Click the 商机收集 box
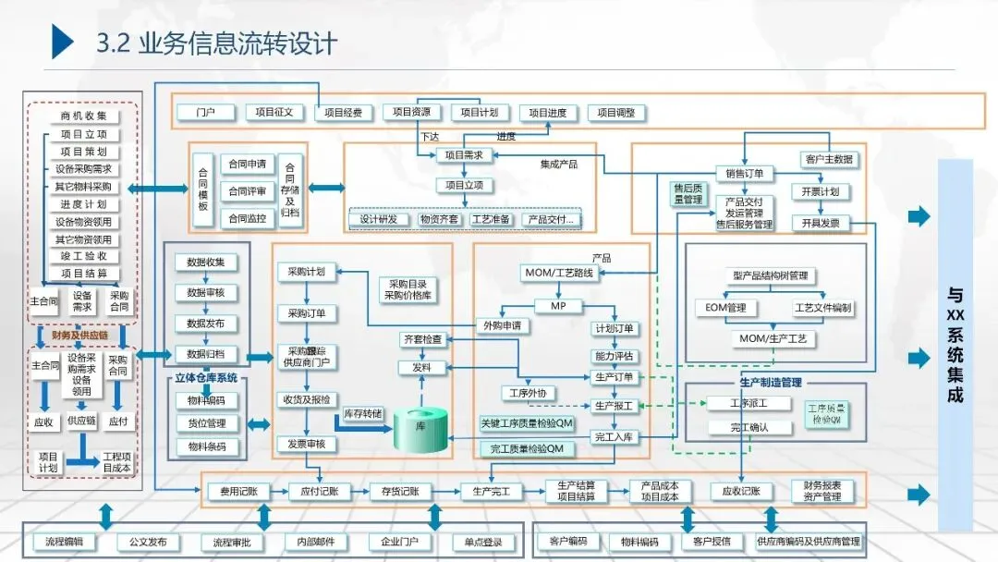pyautogui.click(x=84, y=116)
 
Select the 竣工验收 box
pyautogui.click(x=84, y=256)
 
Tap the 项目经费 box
pyautogui.click(x=344, y=113)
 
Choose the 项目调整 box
pyautogui.click(x=616, y=113)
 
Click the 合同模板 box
pyautogui.click(x=203, y=189)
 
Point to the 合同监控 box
pyautogui.click(x=248, y=219)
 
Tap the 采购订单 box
pyautogui.click(x=307, y=312)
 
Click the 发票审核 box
pyautogui.click(x=307, y=444)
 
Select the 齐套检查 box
pyautogui.click(x=420, y=339)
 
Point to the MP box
pyautogui.click(x=558, y=306)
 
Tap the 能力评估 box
pyautogui.click(x=613, y=355)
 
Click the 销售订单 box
pyautogui.click(x=745, y=173)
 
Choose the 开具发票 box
pyautogui.click(x=821, y=223)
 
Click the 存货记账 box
pyautogui.click(x=395, y=492)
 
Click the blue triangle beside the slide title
pyautogui.click(x=62, y=43)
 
